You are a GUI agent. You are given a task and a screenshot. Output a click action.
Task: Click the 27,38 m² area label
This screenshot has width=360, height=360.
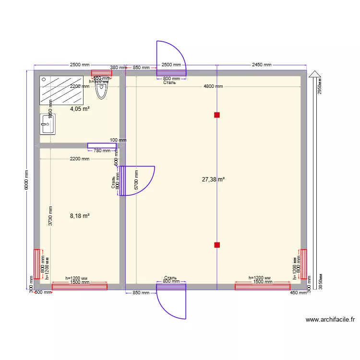click(214, 180)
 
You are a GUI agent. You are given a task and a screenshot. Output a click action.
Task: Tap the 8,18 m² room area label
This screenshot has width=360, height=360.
click(80, 216)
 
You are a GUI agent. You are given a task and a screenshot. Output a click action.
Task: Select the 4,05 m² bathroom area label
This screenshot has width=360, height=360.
click(80, 109)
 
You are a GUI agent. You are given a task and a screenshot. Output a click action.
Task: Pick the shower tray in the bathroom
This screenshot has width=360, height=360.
click(62, 90)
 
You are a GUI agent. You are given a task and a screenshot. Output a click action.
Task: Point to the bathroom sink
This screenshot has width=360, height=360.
click(48, 124)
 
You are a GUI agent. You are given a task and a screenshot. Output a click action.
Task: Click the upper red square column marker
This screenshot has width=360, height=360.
click(217, 115)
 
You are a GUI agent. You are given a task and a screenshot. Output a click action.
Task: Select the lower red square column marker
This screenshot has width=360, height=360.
click(217, 245)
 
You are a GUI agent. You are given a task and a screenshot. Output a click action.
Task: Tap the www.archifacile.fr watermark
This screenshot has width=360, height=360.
click(330, 320)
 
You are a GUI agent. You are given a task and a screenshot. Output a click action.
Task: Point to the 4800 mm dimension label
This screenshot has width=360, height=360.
click(213, 87)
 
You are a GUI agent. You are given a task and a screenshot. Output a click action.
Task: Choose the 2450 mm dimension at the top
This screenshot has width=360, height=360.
click(262, 65)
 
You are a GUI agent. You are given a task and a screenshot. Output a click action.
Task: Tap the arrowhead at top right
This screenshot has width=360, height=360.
click(314, 73)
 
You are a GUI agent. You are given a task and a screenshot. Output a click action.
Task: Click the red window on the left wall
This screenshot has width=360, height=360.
click(36, 264)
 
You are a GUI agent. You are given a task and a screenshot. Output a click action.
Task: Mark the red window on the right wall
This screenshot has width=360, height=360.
click(304, 264)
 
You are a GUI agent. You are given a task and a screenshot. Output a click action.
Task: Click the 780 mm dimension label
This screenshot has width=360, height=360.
click(102, 151)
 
